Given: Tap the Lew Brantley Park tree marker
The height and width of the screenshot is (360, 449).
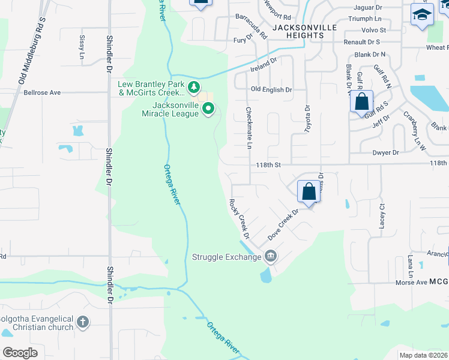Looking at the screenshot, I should (x=193, y=88).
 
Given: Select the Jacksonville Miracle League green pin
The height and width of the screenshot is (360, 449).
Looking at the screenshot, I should (x=208, y=109).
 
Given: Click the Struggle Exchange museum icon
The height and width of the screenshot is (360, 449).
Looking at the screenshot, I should (x=270, y=257).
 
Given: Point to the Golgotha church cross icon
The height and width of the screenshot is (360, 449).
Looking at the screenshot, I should (x=83, y=323).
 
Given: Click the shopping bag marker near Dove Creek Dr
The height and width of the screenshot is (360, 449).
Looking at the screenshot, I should (x=309, y=192).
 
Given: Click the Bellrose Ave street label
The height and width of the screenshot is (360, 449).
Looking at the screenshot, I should (x=43, y=93).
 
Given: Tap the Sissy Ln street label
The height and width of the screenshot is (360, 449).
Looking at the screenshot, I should (x=82, y=47).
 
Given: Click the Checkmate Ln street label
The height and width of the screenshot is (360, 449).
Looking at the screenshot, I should (x=249, y=128).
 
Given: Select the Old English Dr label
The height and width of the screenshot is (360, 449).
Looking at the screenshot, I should (x=271, y=89).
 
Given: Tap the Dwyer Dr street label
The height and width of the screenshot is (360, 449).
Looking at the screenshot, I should (x=385, y=153).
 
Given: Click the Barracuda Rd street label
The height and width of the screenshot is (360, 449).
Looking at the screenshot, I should (x=251, y=26).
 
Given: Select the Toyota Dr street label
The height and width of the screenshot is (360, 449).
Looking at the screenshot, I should (x=307, y=117).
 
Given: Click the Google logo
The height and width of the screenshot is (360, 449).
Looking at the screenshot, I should (x=20, y=352).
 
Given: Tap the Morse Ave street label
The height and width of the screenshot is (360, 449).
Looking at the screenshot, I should (x=411, y=282).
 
